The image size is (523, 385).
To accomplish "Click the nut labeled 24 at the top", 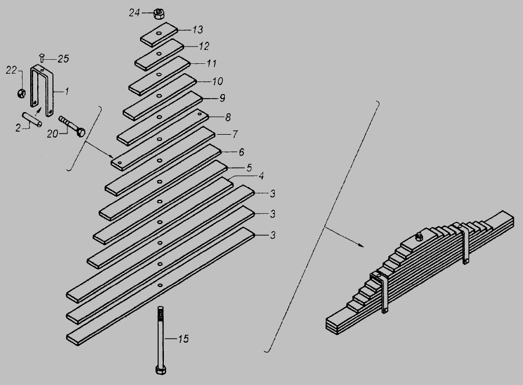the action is click(158, 14).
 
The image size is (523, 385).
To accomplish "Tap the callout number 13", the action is click(198, 30).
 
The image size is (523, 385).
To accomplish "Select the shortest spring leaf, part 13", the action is click(159, 34).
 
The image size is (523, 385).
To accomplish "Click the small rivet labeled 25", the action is click(42, 57).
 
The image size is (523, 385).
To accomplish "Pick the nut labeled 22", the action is click(21, 93).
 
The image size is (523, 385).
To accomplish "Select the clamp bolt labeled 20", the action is click(72, 126).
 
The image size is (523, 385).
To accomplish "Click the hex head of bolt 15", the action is click(161, 370).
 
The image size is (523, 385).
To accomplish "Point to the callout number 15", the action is click(183, 339).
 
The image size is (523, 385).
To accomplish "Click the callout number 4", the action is click(261, 176).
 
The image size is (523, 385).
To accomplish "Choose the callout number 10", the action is click(217, 81).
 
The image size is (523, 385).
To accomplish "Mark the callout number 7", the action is click(235, 134).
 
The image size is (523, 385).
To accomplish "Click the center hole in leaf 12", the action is click(159, 53).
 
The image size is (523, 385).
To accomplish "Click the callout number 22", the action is click(11, 70).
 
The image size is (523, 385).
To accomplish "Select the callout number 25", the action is click(63, 59).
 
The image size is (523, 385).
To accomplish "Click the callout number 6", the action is click(241, 152).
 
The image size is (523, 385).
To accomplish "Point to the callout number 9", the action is click(223, 98).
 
